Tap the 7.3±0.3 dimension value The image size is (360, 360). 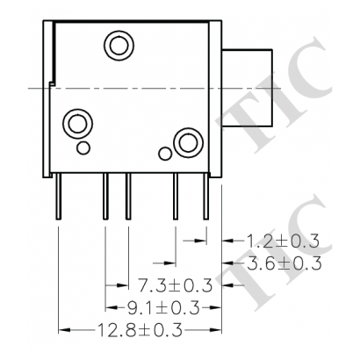[x=176, y=285]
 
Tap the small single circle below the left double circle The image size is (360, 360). [x=83, y=145]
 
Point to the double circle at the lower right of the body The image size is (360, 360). [x=186, y=140]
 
